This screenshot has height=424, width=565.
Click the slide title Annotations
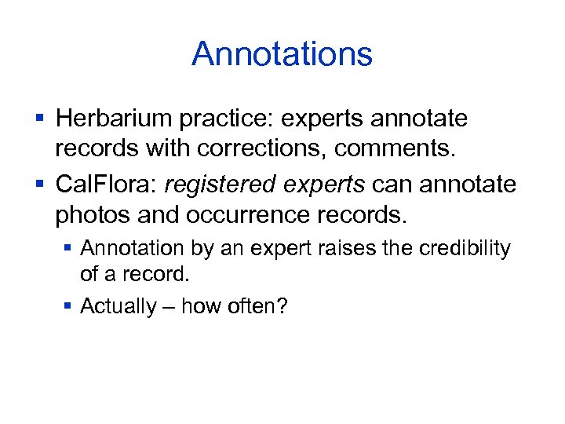(282, 54)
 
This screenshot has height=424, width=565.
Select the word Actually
(118, 305)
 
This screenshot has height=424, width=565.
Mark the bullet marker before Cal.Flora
(39, 185)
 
